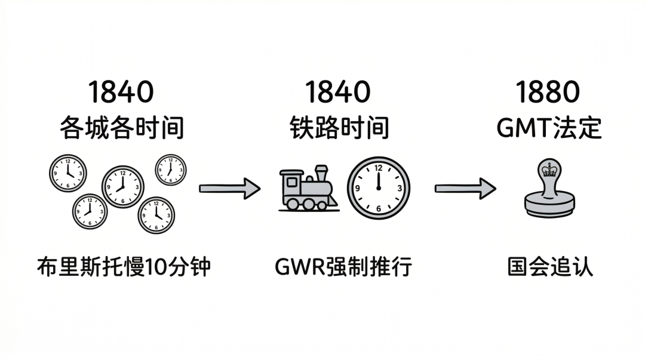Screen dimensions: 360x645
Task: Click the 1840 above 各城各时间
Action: (x=121, y=93)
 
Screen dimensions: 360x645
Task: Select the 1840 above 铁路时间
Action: (x=338, y=93)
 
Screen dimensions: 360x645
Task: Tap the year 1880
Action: (x=548, y=93)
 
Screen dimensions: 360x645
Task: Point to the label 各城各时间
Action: (x=121, y=128)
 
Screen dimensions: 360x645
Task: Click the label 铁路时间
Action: (x=339, y=128)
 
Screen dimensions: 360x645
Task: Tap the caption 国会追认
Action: (x=550, y=267)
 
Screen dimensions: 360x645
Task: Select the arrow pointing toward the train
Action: (x=229, y=189)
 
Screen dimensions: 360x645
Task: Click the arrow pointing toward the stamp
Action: (x=465, y=189)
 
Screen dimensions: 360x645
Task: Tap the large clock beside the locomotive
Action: (x=379, y=187)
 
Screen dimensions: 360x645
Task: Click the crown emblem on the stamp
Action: (x=548, y=170)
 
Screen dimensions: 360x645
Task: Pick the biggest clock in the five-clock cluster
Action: (x=122, y=186)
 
